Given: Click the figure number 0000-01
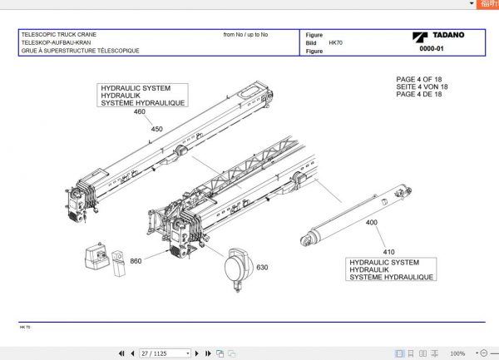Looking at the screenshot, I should tap(432, 49).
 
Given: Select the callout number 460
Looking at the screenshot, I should tap(139, 111).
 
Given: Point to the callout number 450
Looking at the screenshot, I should tap(156, 129).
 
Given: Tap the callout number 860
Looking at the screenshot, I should tap(136, 261).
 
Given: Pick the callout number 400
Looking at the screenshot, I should tap(371, 223).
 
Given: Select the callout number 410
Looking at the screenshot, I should tap(388, 251).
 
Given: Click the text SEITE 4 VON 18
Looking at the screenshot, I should tap(422, 86).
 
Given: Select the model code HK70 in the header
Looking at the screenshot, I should tap(335, 42).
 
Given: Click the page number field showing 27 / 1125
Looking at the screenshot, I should tap(165, 353).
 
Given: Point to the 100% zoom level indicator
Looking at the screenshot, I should tap(457, 353).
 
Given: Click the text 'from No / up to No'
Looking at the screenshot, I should tap(245, 35).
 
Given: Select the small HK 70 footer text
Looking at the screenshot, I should tap(25, 328).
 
